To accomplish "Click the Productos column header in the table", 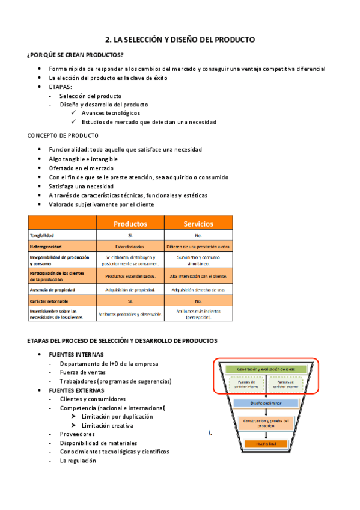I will click(x=130, y=224).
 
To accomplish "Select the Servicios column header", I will click(x=198, y=224).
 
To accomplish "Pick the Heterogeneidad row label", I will click(x=46, y=247).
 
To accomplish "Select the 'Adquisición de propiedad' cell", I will click(x=130, y=289).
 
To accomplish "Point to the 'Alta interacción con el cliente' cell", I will click(x=198, y=276).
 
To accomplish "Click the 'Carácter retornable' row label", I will click(x=49, y=301).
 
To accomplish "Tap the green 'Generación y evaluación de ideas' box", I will click(x=267, y=369).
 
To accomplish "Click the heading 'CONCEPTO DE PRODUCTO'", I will click(x=63, y=135).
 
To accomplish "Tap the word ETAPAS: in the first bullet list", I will click(x=61, y=87).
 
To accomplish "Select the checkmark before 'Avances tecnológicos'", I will click(x=73, y=113).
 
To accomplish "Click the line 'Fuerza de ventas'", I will click(x=82, y=372).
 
